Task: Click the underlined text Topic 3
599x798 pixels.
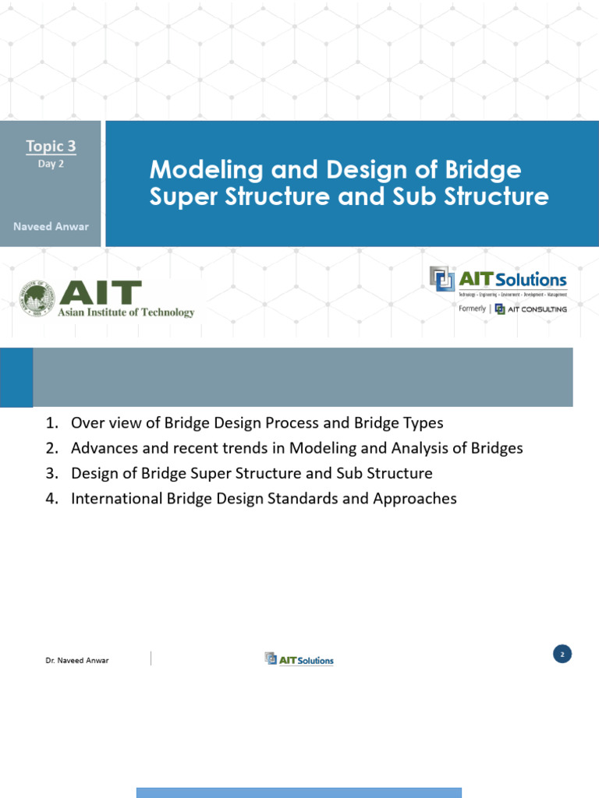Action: point(51,146)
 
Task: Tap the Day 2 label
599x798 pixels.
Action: point(51,164)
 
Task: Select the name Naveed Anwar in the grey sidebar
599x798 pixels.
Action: point(51,226)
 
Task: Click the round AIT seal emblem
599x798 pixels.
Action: point(37,299)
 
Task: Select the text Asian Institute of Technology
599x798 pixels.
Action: point(127,312)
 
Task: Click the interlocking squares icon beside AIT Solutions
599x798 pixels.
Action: point(441,279)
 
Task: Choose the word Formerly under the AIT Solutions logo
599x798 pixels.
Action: point(472,309)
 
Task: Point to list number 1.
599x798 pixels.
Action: point(51,423)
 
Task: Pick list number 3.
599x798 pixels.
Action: point(51,473)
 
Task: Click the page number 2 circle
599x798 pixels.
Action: point(562,654)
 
